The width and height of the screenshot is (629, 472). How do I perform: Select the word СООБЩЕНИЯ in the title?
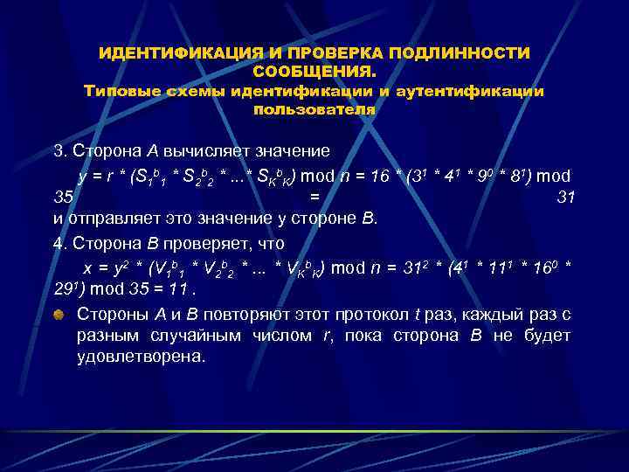[x=311, y=71]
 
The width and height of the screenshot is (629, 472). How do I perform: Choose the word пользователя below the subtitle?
[x=314, y=109]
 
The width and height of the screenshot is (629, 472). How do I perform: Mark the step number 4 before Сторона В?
[x=59, y=242]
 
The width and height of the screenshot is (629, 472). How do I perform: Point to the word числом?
[x=308, y=335]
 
